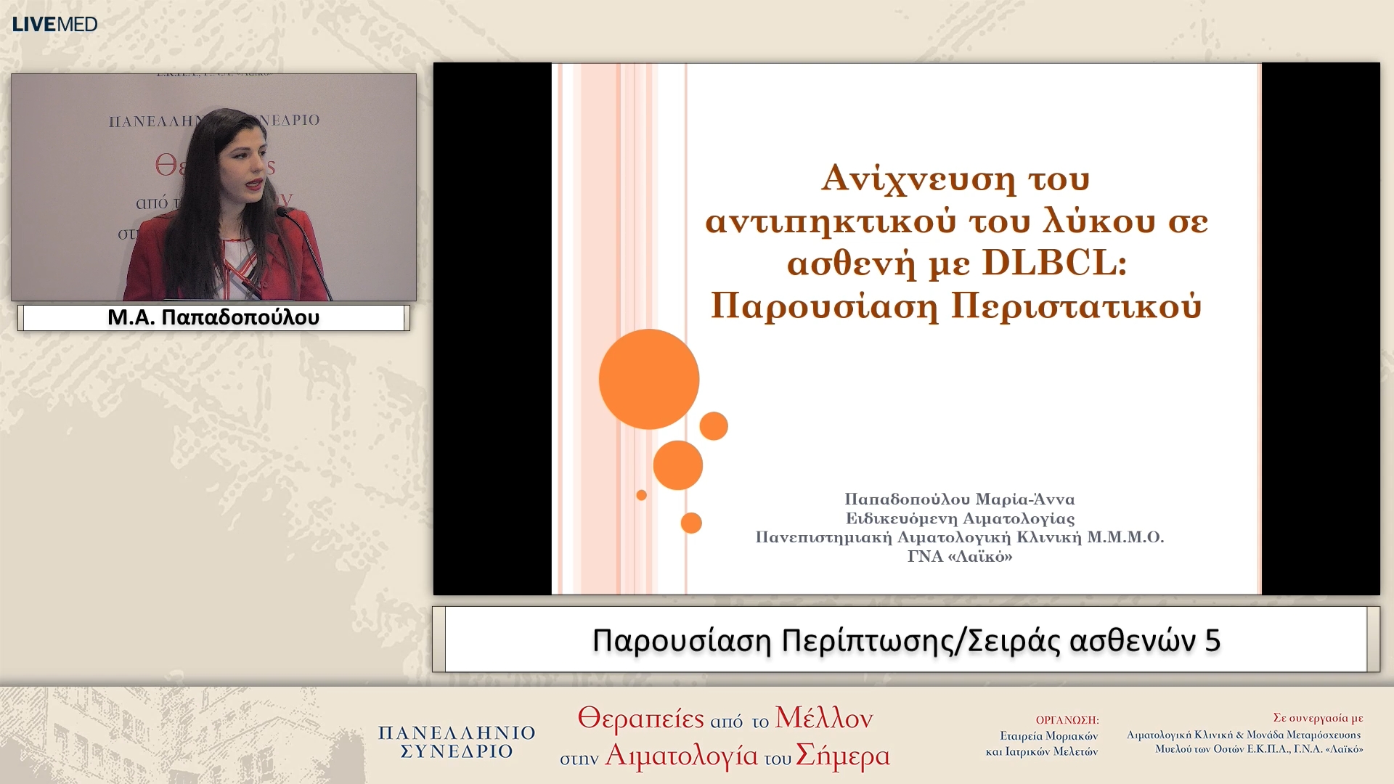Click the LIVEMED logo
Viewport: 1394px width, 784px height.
pyautogui.click(x=54, y=24)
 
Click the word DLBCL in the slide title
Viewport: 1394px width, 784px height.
pyautogui.click(x=1053, y=263)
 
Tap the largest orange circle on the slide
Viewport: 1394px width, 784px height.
pyautogui.click(x=648, y=379)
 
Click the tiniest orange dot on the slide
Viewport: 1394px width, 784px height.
pyautogui.click(x=641, y=495)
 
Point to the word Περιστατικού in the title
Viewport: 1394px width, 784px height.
pyautogui.click(x=1076, y=306)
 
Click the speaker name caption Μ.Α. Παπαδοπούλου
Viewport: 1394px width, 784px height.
pyautogui.click(x=213, y=317)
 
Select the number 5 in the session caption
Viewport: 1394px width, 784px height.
pyautogui.click(x=1212, y=640)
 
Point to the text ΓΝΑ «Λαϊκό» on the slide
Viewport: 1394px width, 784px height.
pyautogui.click(x=959, y=557)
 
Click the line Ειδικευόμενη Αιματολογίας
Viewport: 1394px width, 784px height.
pyautogui.click(x=959, y=518)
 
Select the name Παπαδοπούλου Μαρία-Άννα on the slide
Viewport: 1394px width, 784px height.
pyautogui.click(x=959, y=499)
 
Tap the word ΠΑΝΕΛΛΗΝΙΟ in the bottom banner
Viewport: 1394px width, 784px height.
pyautogui.click(x=457, y=733)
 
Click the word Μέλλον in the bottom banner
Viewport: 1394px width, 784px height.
pyautogui.click(x=823, y=718)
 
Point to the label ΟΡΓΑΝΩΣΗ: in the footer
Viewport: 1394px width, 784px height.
pyautogui.click(x=1067, y=720)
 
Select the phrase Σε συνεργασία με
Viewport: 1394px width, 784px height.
pyautogui.click(x=1318, y=718)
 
